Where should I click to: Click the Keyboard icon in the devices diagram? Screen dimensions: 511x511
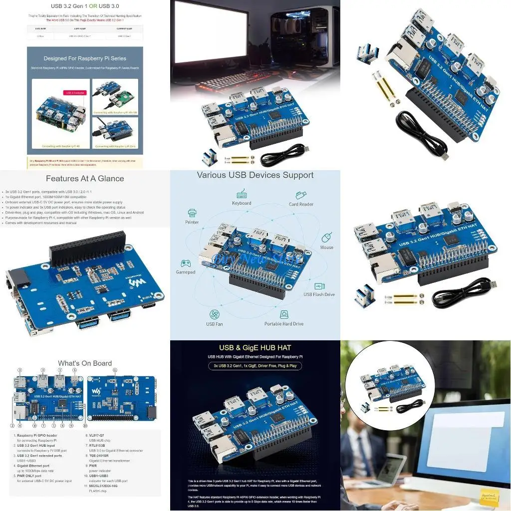[242, 194]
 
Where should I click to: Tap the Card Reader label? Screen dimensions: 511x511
[301, 204]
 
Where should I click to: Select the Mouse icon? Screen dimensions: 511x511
[327, 237]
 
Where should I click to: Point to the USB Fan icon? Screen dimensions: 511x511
[215, 314]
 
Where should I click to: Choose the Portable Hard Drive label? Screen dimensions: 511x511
[284, 324]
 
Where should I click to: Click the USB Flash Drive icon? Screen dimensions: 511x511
[319, 286]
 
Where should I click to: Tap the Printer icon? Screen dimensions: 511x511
[192, 213]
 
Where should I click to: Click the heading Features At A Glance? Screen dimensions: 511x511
[85, 178]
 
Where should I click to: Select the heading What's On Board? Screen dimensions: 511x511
[85, 363]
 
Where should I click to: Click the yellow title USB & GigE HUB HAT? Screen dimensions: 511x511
[255, 347]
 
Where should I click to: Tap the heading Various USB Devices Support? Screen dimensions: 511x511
[255, 175]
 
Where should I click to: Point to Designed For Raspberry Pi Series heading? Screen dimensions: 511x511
[85, 58]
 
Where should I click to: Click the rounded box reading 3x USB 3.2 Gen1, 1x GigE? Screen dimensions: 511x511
[255, 366]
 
